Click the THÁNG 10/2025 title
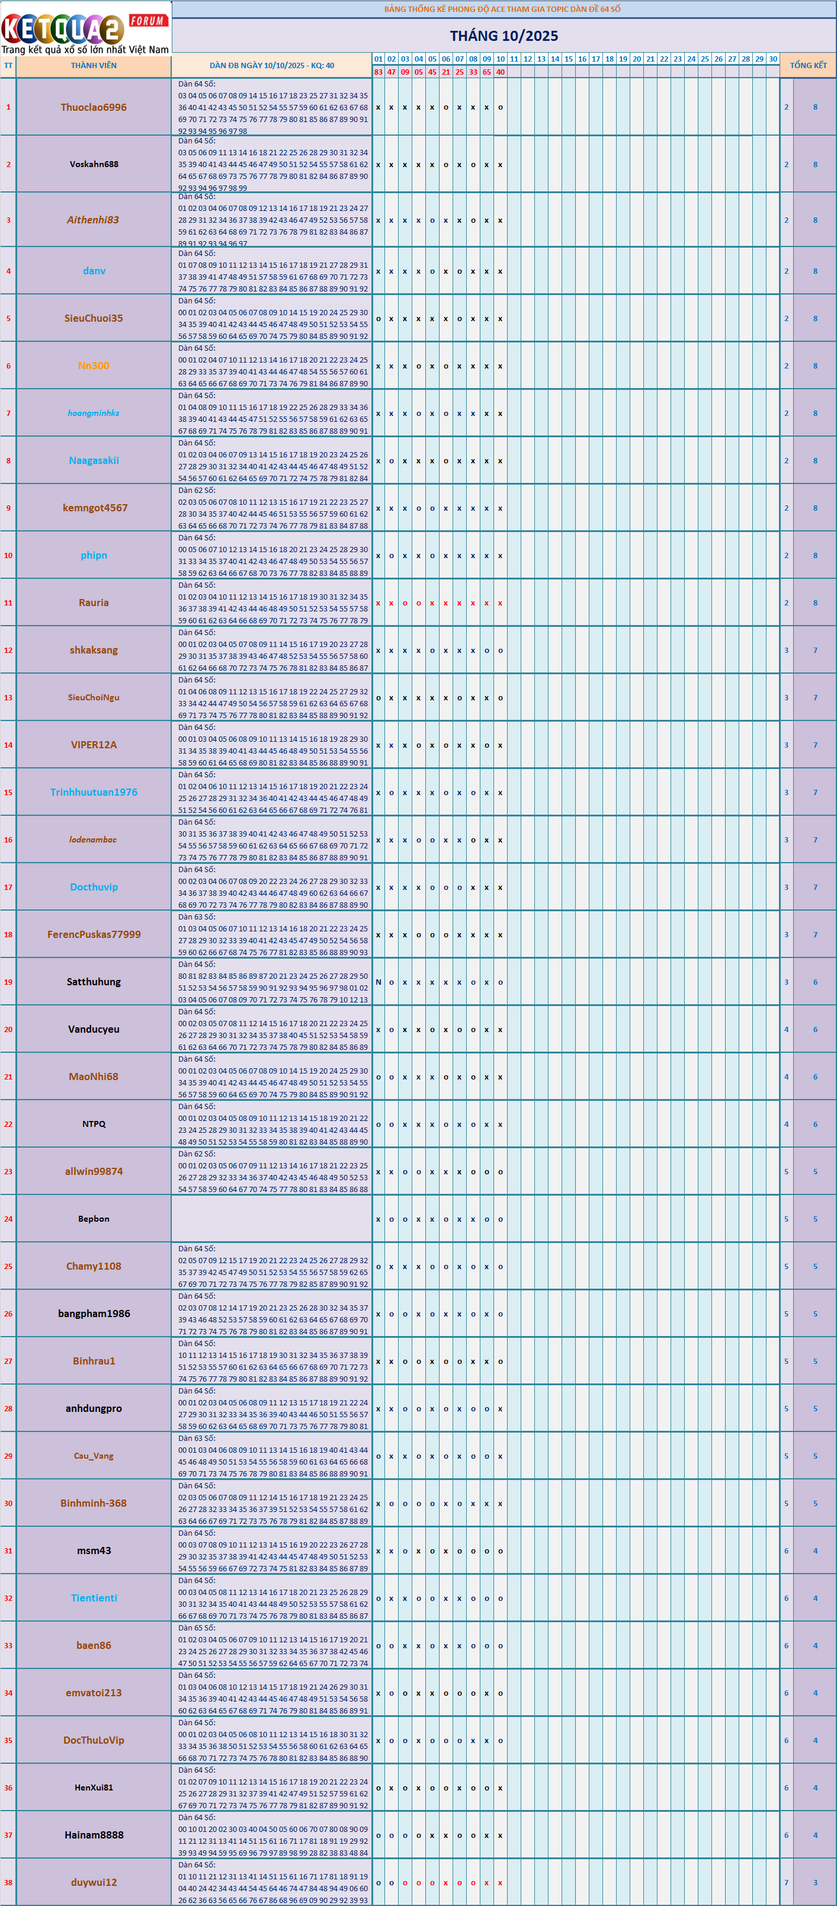point(504,36)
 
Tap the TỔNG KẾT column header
point(807,65)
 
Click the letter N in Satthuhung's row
point(378,982)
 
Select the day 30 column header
point(772,59)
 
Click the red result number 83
point(378,72)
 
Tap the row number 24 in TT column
point(8,1219)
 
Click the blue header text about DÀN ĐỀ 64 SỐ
point(502,9)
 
